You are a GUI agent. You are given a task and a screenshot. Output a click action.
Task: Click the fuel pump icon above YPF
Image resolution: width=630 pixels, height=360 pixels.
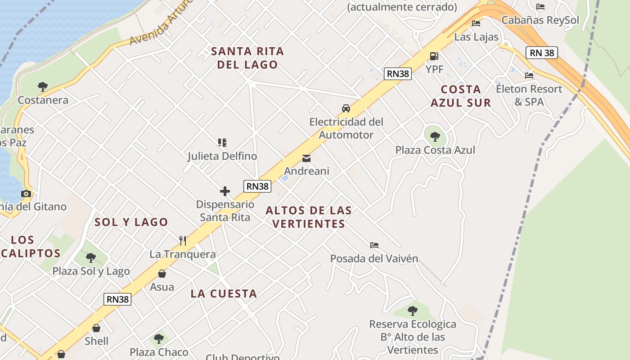coord(434,56)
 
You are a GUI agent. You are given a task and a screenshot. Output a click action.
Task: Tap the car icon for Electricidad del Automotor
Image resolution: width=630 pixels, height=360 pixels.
coord(346,108)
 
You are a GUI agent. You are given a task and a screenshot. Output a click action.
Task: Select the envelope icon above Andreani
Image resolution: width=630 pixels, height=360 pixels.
coord(306,158)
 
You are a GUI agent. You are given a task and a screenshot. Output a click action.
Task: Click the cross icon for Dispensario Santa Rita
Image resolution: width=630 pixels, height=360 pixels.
coord(225,191)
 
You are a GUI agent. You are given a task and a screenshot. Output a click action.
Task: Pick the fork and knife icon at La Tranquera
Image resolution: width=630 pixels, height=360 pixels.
coord(183,241)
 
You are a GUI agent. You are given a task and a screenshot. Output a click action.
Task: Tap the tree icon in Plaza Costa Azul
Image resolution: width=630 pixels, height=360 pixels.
coord(435,136)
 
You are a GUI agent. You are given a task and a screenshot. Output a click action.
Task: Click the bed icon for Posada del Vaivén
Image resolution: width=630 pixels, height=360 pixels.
coord(374,245)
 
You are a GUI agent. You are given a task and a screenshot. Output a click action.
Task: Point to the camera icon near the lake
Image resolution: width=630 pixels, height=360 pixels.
coord(26,193)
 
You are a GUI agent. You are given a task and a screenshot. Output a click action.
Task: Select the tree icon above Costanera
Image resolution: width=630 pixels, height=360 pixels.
coord(43,86)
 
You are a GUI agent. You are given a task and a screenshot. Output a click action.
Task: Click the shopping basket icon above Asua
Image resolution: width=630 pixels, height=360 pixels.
coord(162,274)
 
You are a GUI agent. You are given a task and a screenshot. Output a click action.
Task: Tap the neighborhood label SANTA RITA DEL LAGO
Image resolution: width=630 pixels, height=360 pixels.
coord(247,58)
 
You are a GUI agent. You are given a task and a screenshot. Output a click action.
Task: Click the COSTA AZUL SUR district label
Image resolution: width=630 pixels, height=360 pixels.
coord(461,96)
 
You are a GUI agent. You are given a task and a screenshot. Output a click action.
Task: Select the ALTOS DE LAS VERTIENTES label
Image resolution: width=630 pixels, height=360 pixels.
coord(309,217)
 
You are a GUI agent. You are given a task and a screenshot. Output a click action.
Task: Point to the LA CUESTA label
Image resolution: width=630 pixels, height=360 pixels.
coord(224,294)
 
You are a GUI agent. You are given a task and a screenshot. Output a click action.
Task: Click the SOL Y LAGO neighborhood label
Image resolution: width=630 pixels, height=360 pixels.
coord(131,222)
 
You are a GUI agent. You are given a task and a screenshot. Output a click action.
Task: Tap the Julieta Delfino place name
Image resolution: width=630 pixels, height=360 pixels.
coord(222,156)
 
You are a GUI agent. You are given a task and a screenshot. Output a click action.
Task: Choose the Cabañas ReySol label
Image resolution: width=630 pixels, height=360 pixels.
coord(540,20)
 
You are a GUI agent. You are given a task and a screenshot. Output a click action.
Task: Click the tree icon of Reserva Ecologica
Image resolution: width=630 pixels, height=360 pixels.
coord(412,310)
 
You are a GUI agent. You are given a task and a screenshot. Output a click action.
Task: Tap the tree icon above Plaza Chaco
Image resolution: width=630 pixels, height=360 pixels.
coord(158,338)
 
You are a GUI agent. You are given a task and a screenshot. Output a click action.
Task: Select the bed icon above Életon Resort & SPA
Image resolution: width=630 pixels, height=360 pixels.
coord(529,75)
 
